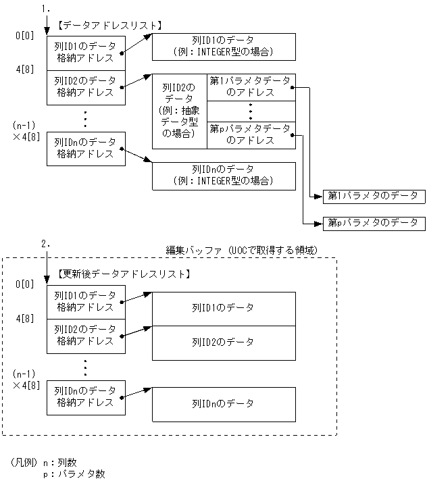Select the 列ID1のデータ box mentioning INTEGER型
pyautogui.click(x=223, y=47)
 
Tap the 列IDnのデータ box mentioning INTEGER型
pyautogui.click(x=223, y=175)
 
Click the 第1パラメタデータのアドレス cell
pyautogui.click(x=251, y=87)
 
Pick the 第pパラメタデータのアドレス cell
pyautogui.click(x=251, y=134)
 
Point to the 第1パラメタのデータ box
pyautogui.click(x=374, y=196)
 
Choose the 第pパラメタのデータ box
pyautogui.click(x=374, y=222)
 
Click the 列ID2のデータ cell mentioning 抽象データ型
pyautogui.click(x=179, y=111)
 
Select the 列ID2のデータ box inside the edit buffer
pyautogui.click(x=223, y=342)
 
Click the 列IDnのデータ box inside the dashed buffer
pyautogui.click(x=223, y=403)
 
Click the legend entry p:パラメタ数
pyautogui.click(x=74, y=474)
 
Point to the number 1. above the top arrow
pyautogui.click(x=46, y=9)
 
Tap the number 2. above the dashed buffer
pyautogui.click(x=46, y=244)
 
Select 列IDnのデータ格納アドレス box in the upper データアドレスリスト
pyautogui.click(x=84, y=149)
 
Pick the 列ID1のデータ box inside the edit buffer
pyautogui.click(x=223, y=307)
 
